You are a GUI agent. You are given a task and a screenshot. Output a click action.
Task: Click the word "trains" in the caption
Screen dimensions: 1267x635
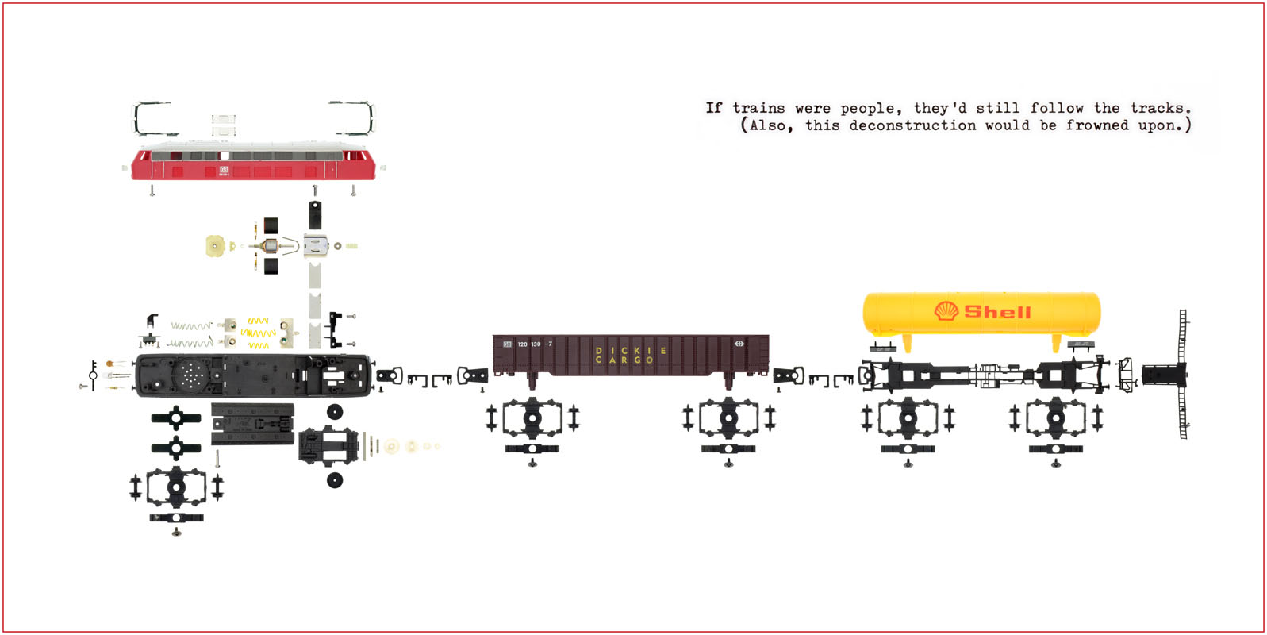tap(759, 108)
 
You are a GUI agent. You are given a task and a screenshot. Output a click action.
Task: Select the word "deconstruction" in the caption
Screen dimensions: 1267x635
tap(912, 125)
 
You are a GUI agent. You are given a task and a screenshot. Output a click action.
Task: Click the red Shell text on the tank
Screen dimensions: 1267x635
tap(998, 311)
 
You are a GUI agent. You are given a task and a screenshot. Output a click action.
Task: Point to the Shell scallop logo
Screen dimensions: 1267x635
tap(946, 310)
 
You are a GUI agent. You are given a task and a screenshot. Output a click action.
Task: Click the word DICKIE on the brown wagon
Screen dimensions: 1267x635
tap(632, 350)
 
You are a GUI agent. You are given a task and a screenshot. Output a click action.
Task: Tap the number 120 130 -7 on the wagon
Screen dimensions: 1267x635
tap(535, 344)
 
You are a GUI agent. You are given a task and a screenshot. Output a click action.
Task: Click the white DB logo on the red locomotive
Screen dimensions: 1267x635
tap(224, 169)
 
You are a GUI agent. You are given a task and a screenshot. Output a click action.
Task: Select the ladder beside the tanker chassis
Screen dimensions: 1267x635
tap(1182, 374)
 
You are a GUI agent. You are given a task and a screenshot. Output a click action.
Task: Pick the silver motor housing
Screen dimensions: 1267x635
tap(316, 246)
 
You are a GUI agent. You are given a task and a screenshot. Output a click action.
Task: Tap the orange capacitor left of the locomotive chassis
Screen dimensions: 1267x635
tap(109, 364)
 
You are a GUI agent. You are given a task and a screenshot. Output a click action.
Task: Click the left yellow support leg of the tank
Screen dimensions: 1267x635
tap(908, 343)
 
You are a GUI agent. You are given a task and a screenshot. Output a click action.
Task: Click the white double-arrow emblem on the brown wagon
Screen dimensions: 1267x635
tap(739, 344)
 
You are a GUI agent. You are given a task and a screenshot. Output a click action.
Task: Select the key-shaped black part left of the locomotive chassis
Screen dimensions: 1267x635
tap(94, 375)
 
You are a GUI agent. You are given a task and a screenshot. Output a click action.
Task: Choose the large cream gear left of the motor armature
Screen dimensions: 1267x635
tap(214, 246)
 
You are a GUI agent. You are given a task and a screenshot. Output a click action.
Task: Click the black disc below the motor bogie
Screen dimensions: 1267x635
tap(335, 480)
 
